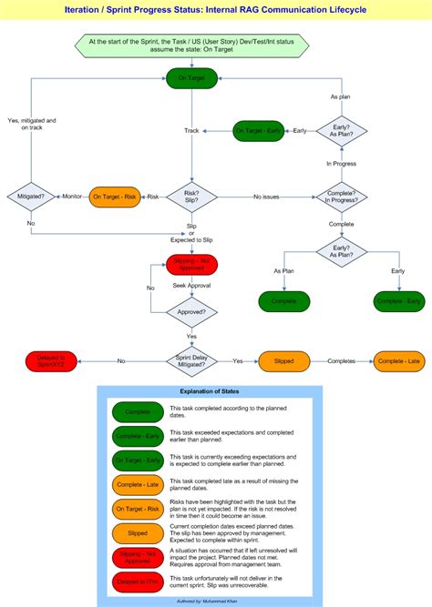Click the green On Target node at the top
191,80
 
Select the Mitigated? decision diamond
31,197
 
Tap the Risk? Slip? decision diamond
191,197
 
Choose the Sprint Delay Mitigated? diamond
191,361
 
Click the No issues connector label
266,197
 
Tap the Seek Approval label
191,286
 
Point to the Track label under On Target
191,131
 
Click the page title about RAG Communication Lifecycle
216,9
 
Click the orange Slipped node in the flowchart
283,361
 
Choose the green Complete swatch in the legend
137,411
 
